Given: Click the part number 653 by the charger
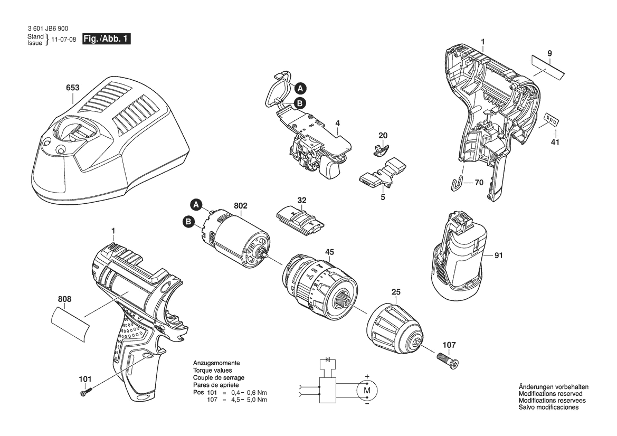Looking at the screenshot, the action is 73,88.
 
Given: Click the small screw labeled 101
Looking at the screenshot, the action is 87,392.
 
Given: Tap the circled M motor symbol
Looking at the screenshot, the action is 367,391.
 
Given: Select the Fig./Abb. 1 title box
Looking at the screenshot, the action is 106,39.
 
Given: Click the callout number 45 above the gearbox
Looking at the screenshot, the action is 330,252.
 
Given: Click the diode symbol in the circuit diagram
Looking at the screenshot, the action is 328,360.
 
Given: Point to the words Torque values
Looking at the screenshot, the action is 213,371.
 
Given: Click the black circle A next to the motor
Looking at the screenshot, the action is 196,205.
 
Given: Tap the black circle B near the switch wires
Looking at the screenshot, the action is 300,103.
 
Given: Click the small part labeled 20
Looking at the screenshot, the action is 381,148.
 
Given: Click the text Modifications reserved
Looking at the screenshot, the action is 550,393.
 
